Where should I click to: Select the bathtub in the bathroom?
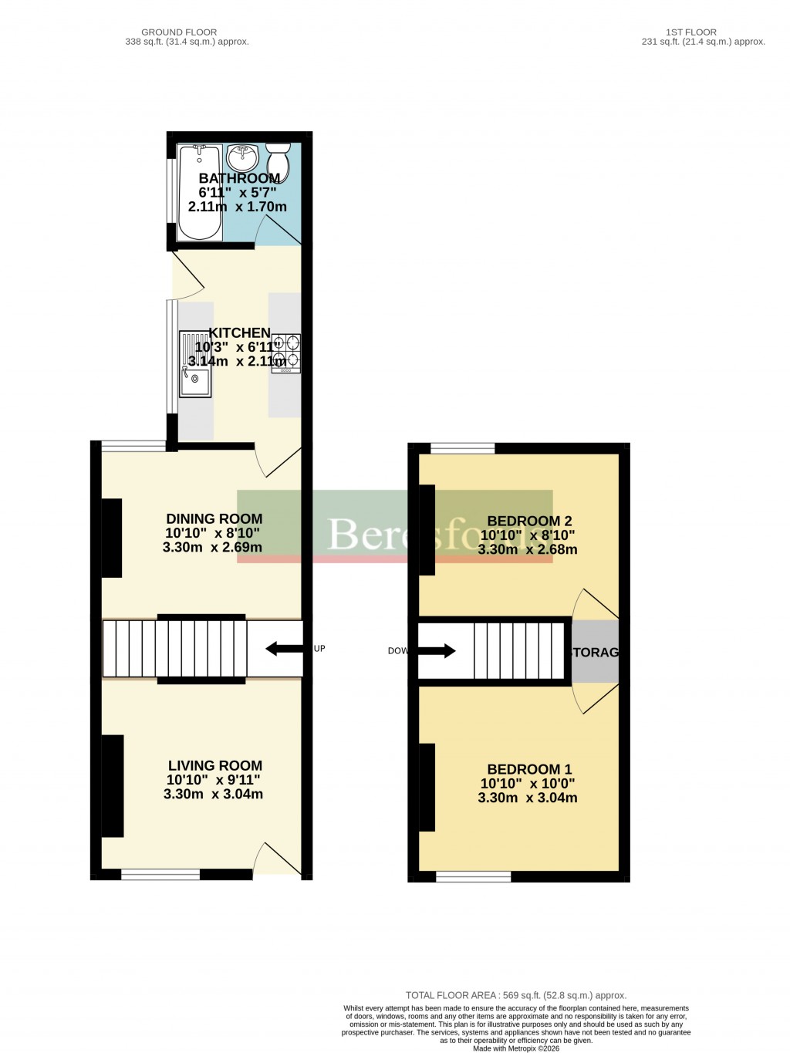(200, 193)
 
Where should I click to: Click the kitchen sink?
(195, 364)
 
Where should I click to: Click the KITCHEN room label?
(240, 332)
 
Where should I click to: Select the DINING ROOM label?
(214, 519)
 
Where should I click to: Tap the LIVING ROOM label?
(215, 766)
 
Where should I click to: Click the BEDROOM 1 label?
(529, 769)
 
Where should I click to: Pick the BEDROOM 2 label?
(529, 521)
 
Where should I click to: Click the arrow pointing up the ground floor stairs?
(284, 649)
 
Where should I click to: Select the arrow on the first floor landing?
(437, 651)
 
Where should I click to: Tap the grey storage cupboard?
(595, 652)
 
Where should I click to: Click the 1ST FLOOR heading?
(691, 32)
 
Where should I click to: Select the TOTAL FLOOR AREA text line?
(516, 996)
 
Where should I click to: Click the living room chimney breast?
(113, 786)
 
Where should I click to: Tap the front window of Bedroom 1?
(474, 876)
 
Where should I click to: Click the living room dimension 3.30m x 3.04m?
(213, 794)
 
